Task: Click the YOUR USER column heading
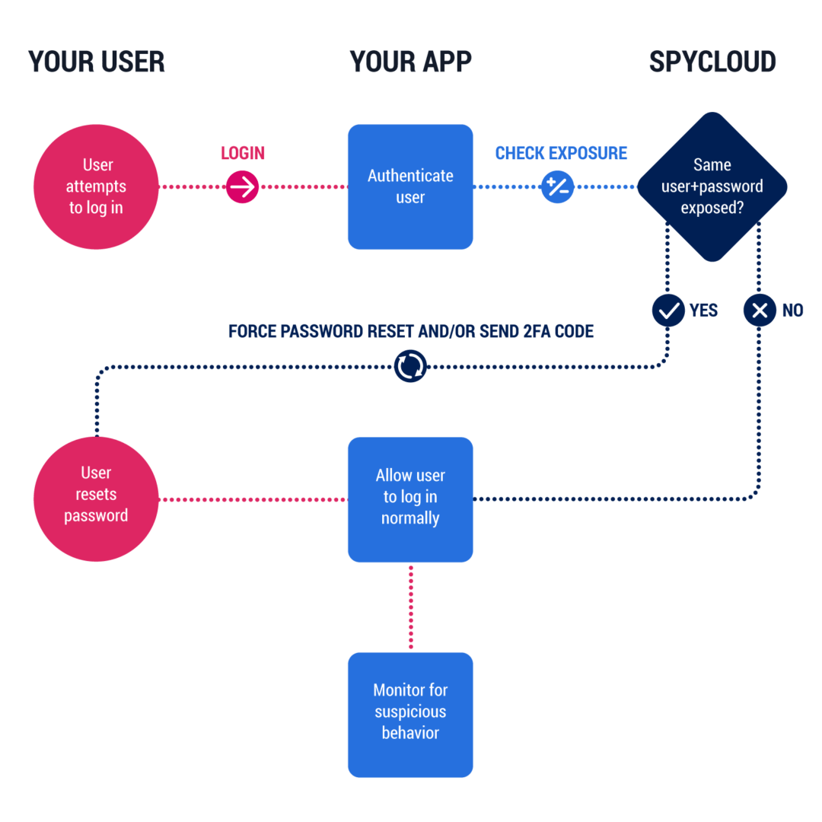click(x=96, y=62)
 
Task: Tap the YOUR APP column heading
click(x=410, y=62)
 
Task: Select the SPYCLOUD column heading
click(x=712, y=62)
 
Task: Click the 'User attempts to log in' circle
click(x=96, y=186)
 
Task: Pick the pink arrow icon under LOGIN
click(x=242, y=187)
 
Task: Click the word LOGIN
click(x=242, y=153)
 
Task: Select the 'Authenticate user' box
click(x=410, y=186)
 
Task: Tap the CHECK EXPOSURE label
click(x=561, y=153)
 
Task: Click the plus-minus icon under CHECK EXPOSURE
click(x=558, y=186)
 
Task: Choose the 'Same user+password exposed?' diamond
click(x=712, y=186)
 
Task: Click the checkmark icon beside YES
click(x=669, y=311)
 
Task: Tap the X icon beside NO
click(x=760, y=311)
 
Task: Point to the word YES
click(x=703, y=311)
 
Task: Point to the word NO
click(x=792, y=311)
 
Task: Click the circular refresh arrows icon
click(x=410, y=367)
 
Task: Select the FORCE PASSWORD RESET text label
click(x=410, y=331)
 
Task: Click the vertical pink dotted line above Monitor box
click(x=411, y=607)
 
